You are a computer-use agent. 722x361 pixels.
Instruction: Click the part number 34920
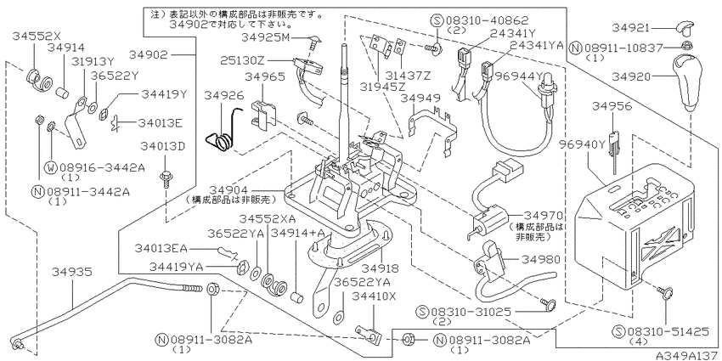point(632,77)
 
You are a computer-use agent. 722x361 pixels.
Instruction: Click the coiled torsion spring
point(223,130)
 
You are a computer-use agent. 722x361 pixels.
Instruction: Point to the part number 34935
point(72,272)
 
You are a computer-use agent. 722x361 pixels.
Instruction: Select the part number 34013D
point(163,147)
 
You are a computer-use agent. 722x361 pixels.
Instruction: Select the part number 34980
point(542,260)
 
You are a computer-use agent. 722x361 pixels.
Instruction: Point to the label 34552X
point(37,36)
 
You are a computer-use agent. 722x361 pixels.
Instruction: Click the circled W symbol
point(50,167)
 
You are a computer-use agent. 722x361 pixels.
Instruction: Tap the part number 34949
point(420,99)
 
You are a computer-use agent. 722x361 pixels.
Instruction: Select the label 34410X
point(374,297)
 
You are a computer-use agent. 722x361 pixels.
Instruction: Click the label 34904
point(228,189)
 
